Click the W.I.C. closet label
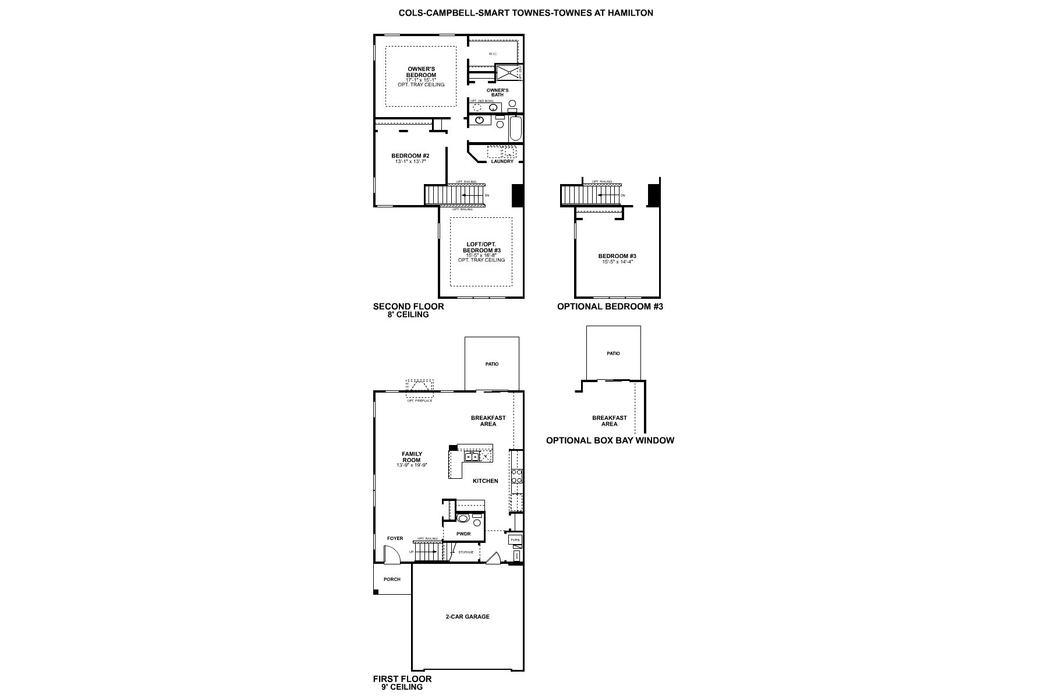493,54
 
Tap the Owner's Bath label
498,93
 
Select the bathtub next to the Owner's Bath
516,128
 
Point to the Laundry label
502,161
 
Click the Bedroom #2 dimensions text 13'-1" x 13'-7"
410,161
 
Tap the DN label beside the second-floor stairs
487,195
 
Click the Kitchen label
485,481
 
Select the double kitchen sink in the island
472,457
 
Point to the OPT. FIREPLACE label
419,401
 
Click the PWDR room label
463,534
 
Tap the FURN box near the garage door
515,540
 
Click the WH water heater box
517,556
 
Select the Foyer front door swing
394,556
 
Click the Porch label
392,579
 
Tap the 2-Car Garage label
468,616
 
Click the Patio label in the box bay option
613,354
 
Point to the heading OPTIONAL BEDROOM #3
610,306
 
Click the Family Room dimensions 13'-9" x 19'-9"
412,465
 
